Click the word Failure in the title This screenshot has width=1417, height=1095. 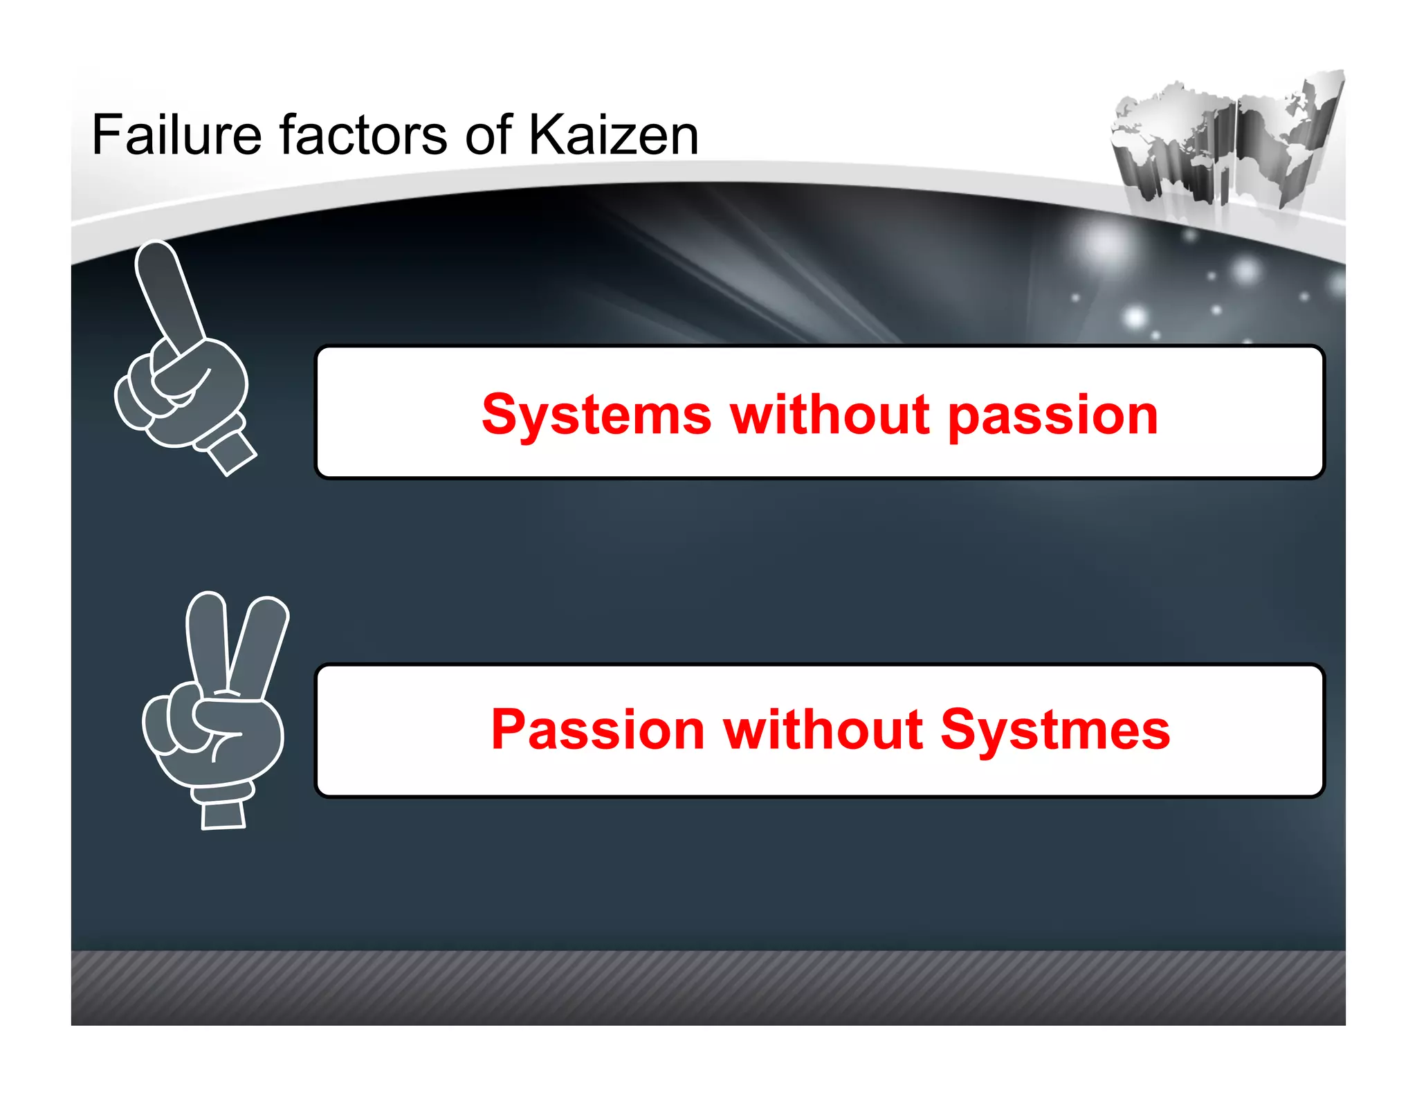176,135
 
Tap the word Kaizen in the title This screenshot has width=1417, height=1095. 613,135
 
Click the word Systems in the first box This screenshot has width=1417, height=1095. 596,415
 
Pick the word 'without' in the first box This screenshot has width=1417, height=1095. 830,415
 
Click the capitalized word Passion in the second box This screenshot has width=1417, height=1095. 598,730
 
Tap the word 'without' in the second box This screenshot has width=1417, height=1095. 823,730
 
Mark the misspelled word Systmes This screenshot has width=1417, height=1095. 1054,730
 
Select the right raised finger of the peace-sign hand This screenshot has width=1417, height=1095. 259,644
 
